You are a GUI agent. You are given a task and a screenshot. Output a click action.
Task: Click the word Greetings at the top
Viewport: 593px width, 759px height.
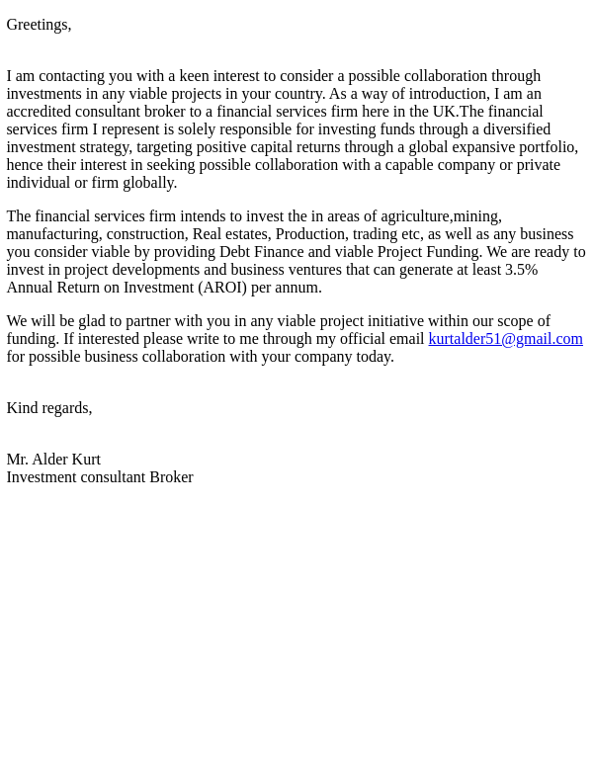pyautogui.click(x=37, y=25)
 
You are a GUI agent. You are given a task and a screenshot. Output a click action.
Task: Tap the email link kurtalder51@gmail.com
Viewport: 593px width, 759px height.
pyautogui.click(x=505, y=339)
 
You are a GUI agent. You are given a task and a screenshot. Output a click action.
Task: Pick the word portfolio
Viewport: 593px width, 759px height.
pyautogui.click(x=548, y=147)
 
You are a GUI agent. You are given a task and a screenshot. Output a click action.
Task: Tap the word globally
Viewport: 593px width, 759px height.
pyautogui.click(x=149, y=183)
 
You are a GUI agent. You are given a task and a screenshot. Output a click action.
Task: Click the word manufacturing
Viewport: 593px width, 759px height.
pyautogui.click(x=52, y=234)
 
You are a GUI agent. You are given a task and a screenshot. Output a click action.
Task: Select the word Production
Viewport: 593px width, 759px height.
pyautogui.click(x=309, y=234)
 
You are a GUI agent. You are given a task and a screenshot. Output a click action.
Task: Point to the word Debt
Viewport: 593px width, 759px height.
pyautogui.click(x=234, y=252)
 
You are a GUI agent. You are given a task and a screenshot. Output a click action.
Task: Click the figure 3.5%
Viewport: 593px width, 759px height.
pyautogui.click(x=521, y=270)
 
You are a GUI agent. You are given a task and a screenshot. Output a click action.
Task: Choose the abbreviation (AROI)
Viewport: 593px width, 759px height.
pyautogui.click(x=222, y=288)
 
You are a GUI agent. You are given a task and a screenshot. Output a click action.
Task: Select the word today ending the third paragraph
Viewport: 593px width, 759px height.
pyautogui.click(x=375, y=357)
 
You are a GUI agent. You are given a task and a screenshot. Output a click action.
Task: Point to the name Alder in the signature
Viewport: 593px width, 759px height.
pyautogui.click(x=50, y=460)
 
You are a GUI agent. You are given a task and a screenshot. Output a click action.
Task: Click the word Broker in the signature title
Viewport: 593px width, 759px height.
pyautogui.click(x=171, y=477)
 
